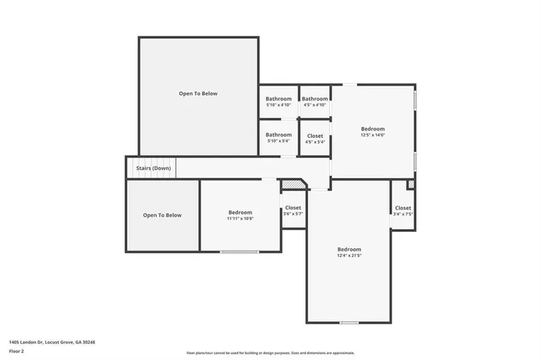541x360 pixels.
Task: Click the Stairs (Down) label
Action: tap(153, 168)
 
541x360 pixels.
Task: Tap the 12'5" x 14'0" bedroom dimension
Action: tap(373, 135)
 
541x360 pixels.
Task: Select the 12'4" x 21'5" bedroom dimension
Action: tap(349, 255)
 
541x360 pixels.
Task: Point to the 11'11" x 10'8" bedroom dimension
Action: tap(240, 218)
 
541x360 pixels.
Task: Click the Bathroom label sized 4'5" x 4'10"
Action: tap(315, 99)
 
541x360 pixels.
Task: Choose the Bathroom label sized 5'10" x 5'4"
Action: tap(278, 135)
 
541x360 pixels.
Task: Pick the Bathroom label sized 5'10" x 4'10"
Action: tap(278, 99)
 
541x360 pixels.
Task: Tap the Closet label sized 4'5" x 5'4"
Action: tap(315, 136)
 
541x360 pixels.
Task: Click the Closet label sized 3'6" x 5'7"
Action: tap(293, 208)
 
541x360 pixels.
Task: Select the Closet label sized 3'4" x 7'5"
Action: tap(403, 208)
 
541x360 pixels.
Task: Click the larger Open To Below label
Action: tap(198, 94)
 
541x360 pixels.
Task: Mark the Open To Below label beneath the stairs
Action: tap(162, 215)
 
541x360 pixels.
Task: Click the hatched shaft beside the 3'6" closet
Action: tap(292, 184)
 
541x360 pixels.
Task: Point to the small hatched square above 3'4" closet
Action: tap(411, 185)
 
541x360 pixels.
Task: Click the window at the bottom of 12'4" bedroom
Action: tap(349, 323)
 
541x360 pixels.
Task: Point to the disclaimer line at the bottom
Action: tap(270, 353)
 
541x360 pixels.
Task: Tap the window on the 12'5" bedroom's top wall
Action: tap(349, 84)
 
